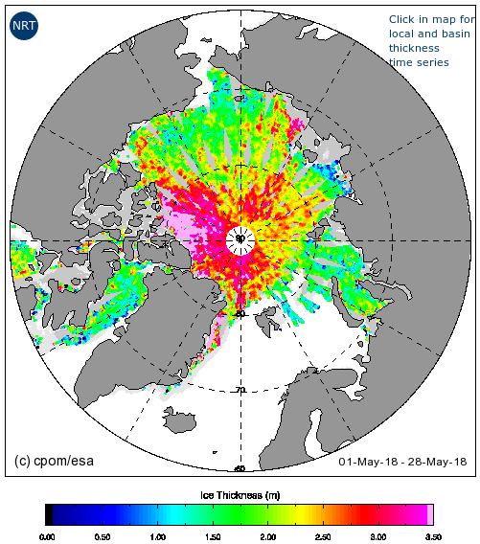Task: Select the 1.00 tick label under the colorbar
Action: coord(156,537)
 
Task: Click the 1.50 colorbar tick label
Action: coord(212,537)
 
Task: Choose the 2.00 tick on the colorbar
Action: coord(267,537)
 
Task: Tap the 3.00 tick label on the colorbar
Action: coord(377,537)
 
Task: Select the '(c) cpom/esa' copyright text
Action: coord(56,461)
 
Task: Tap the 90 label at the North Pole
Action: coord(240,238)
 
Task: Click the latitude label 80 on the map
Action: coord(240,314)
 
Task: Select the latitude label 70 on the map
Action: coord(240,390)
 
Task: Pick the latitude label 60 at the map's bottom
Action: coord(240,467)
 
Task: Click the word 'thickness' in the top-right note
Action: coord(414,48)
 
